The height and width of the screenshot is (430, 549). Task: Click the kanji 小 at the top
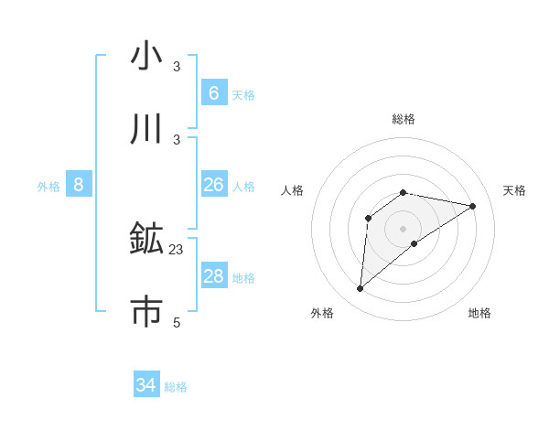tap(146, 56)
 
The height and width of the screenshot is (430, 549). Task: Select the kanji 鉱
tap(146, 239)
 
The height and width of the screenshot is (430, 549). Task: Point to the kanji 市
tap(146, 311)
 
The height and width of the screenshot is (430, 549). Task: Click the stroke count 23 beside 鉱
tap(177, 249)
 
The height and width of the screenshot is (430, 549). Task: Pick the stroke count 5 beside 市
tap(177, 322)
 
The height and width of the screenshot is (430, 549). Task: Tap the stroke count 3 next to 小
tap(177, 67)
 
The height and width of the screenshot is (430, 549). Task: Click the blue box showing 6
tap(213, 92)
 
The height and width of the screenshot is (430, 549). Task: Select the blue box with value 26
tap(213, 185)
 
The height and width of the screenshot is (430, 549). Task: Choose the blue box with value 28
tap(213, 276)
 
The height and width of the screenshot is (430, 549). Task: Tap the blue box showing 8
tap(78, 185)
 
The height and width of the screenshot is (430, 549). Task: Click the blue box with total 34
tap(146, 385)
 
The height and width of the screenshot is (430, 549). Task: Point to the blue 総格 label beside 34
tap(176, 387)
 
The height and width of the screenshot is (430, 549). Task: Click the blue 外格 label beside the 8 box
tap(48, 187)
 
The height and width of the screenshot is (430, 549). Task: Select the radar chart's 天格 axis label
tap(514, 190)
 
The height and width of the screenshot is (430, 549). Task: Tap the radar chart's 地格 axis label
tap(479, 313)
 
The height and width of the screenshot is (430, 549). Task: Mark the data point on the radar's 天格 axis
tap(472, 206)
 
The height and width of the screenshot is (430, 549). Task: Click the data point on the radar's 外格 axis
tap(360, 289)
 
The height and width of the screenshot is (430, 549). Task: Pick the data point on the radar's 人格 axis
tap(369, 218)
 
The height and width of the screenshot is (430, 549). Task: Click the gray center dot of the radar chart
tap(403, 228)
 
